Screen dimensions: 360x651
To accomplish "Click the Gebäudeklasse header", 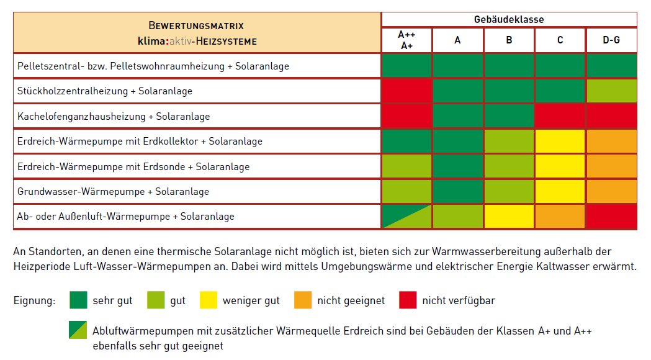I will (508, 19).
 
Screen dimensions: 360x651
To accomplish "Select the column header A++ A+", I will (406, 40).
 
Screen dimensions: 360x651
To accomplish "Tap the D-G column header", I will (611, 40).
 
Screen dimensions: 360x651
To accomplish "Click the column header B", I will (509, 40).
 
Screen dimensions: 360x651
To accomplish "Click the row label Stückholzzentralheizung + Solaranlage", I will (105, 91).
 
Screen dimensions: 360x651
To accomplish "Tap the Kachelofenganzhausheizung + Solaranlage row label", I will (114, 116).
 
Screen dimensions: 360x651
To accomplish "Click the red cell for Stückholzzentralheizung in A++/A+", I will (406, 91).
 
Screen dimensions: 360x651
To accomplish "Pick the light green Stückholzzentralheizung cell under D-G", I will (611, 91).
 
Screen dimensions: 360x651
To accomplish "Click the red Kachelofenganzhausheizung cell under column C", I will (560, 116).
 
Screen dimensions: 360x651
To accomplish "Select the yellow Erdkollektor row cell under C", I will (560, 142).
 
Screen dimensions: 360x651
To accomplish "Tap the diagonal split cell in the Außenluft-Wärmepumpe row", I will (406, 217).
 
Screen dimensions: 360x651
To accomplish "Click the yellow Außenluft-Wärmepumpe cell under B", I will (509, 217).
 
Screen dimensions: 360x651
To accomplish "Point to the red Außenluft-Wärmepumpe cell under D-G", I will (611, 217).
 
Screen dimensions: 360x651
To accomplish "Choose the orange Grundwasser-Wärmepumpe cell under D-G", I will (611, 192).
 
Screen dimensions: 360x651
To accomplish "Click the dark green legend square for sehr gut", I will (78, 300).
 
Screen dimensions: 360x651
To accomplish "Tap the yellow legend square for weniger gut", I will (209, 300).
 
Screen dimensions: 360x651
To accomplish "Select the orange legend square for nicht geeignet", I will (303, 300).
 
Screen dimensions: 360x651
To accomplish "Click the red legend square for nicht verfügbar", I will (408, 300).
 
